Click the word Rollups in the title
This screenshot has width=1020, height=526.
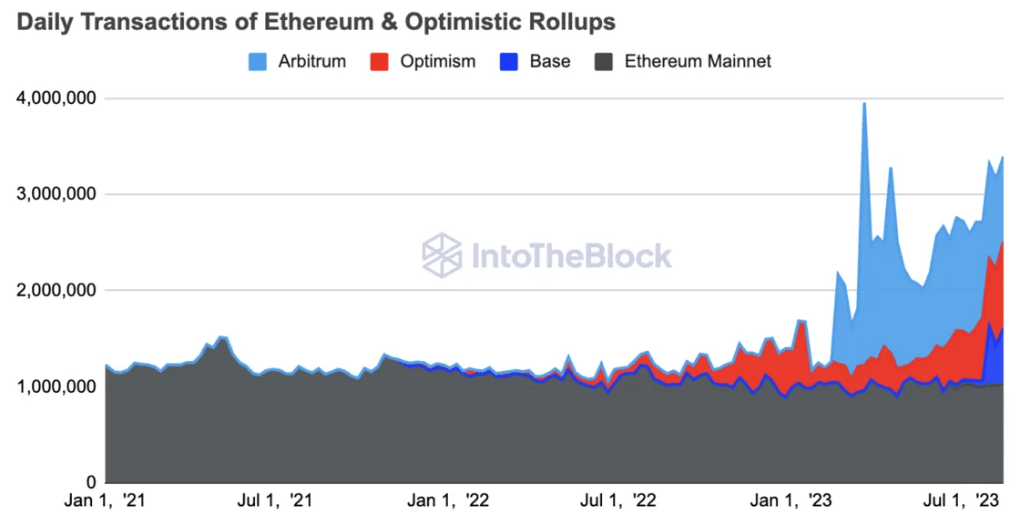pos(569,22)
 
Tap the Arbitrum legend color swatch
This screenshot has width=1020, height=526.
pos(258,62)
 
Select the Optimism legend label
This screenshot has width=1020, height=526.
pos(440,62)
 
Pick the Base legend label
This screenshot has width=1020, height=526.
pos(550,62)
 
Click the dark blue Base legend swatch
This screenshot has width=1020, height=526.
pos(509,62)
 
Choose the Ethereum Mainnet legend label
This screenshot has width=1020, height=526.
pos(698,62)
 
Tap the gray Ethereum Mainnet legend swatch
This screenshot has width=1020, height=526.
pos(604,62)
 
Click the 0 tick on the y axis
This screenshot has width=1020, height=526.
pos(89,482)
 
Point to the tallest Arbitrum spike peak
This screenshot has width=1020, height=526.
pos(863,104)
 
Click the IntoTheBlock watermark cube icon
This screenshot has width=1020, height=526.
pos(442,255)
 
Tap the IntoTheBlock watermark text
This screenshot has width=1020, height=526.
pos(571,255)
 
